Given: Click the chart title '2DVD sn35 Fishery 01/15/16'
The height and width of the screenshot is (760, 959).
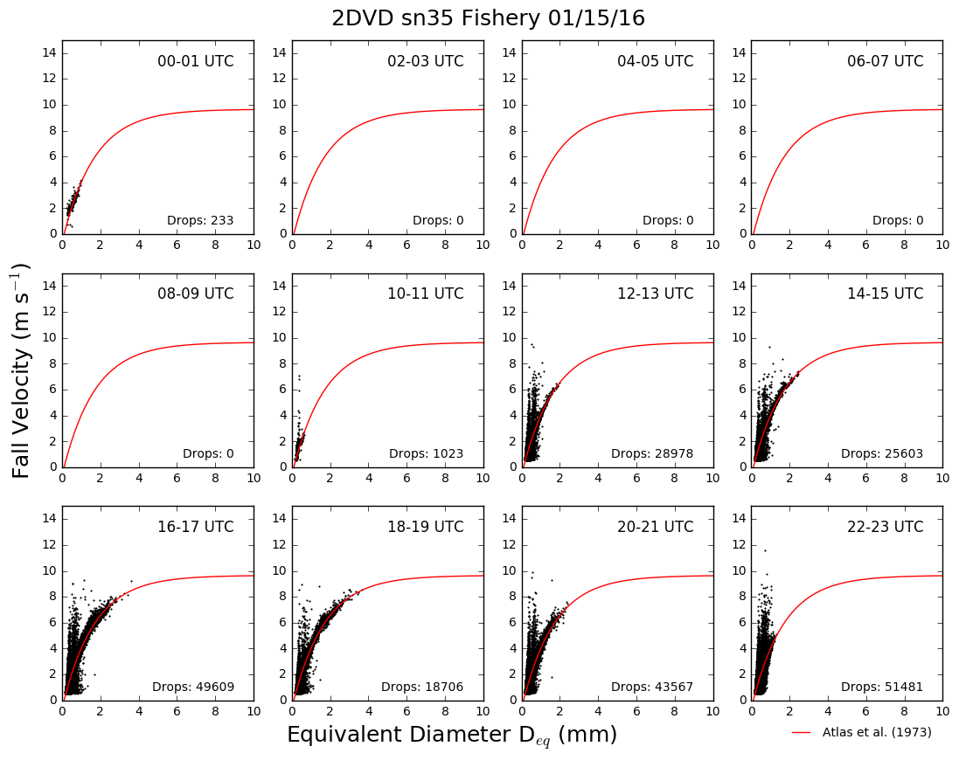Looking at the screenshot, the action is click(488, 17).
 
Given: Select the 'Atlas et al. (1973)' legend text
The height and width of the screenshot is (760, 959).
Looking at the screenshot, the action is click(877, 732).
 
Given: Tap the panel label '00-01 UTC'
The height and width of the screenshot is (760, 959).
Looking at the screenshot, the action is click(196, 61).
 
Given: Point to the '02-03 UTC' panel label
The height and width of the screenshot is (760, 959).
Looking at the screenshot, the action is click(426, 61).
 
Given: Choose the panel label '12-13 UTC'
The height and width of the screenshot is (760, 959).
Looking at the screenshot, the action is click(656, 294).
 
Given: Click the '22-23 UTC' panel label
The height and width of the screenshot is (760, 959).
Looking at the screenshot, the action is click(886, 527).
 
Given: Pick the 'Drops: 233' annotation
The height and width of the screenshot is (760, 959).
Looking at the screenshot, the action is click(200, 220).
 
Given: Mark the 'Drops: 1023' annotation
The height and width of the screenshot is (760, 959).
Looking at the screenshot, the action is click(427, 454).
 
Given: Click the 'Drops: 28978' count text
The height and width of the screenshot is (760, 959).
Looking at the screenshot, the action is click(652, 454).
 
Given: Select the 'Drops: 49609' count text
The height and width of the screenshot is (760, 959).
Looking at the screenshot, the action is click(193, 687).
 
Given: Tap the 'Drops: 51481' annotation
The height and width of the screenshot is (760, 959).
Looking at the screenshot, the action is click(882, 687).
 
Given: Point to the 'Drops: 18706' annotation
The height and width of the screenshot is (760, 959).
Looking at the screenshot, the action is click(422, 687).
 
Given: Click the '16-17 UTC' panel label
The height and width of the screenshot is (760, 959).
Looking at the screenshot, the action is click(196, 527).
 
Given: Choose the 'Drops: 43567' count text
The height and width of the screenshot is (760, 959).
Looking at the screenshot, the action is click(652, 687).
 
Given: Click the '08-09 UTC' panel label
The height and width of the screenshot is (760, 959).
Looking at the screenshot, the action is click(196, 294).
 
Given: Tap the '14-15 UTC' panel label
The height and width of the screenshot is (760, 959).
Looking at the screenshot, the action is click(886, 294).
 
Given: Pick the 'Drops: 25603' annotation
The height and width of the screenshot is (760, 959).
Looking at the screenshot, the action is click(882, 454).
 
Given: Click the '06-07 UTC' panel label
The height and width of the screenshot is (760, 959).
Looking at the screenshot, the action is click(886, 61).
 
